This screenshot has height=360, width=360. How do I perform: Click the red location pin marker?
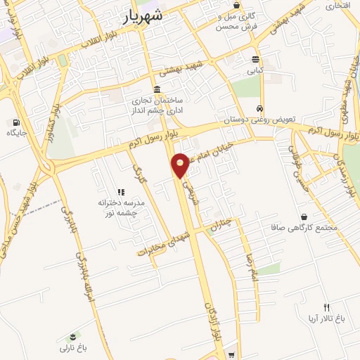pos(181,166)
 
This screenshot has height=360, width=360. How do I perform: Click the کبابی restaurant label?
pos(255,70)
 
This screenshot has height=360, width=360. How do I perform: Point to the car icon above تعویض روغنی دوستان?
pos(260,109)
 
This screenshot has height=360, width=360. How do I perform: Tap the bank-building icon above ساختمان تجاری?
pos(155,89)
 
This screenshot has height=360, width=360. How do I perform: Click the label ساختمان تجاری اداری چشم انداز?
pos(155,105)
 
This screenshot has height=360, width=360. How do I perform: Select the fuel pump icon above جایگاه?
pos(16,122)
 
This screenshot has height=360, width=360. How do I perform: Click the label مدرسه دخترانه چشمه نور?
pos(120,207)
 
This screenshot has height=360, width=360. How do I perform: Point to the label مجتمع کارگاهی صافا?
pos(303,228)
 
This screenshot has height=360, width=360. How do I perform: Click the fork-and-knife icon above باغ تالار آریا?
pos(326,307)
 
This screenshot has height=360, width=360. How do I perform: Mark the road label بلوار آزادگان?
pos(210,320)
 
